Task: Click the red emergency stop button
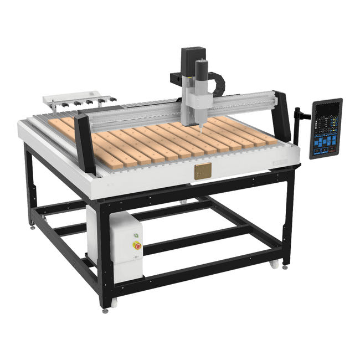click(137, 246)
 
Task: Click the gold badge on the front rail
click(202, 171)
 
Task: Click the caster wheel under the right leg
click(274, 265)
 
